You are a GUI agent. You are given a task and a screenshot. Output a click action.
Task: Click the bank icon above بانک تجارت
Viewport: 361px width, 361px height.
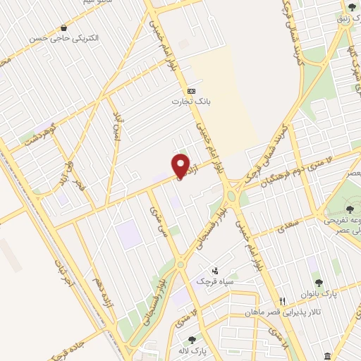(191, 92)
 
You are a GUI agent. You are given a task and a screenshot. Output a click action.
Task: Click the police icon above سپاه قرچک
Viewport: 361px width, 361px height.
(216, 270)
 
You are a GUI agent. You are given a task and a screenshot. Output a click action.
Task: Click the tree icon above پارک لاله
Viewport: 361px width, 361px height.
(190, 340)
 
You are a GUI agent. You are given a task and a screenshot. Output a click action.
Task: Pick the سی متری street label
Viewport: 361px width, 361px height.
(159, 220)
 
